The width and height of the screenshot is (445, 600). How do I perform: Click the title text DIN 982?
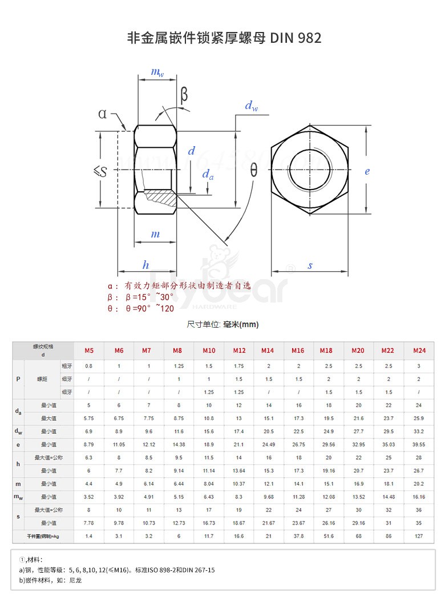pyautogui.click(x=296, y=38)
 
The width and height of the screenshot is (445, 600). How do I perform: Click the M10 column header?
pyautogui.click(x=209, y=350)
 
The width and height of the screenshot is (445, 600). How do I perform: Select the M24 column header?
pyautogui.click(x=419, y=350)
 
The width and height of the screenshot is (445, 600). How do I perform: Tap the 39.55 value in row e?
pyautogui.click(x=419, y=444)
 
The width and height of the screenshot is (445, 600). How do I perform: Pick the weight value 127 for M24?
pyautogui.click(x=419, y=537)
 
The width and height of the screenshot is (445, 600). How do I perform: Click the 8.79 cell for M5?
pyautogui.click(x=89, y=444)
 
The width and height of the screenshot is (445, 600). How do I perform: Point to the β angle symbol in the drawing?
pyautogui.click(x=184, y=94)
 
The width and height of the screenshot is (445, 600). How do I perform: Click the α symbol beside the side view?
pyautogui.click(x=102, y=114)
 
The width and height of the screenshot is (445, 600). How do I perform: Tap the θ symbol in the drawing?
pyautogui.click(x=253, y=170)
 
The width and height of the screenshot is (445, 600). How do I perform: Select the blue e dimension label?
pyautogui.click(x=367, y=171)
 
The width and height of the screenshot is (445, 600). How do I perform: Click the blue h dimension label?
pyautogui.click(x=145, y=265)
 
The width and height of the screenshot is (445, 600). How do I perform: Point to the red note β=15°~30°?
pyautogui.click(x=140, y=297)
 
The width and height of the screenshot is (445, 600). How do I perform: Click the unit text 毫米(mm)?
pyautogui.click(x=241, y=324)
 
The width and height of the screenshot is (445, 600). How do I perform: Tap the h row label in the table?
pyautogui.click(x=18, y=464)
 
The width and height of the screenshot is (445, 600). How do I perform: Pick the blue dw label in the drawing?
pyautogui.click(x=250, y=106)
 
